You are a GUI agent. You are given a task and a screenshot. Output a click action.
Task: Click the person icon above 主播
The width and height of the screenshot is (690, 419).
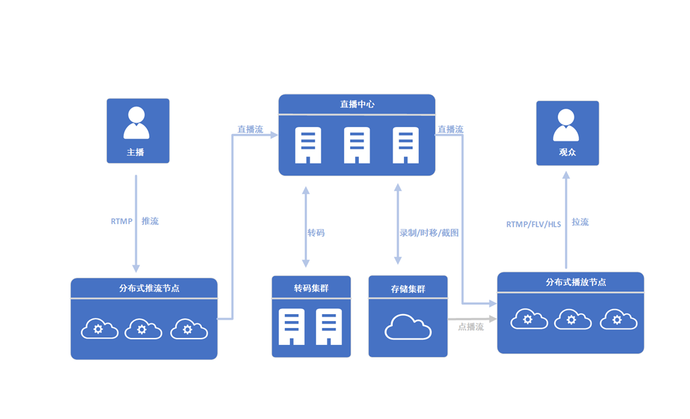point(136,122)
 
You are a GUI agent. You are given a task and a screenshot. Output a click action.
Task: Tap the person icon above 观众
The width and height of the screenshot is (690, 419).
point(566,125)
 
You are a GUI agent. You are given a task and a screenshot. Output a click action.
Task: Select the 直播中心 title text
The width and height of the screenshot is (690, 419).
point(357,104)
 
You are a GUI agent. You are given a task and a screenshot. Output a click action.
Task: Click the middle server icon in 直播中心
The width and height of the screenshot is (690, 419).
point(357,145)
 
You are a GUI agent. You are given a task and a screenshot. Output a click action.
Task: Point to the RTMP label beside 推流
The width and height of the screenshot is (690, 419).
point(121,221)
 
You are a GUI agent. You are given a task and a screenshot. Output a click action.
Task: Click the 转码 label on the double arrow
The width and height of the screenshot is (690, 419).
point(316,232)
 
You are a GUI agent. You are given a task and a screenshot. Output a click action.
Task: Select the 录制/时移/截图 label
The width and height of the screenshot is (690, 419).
point(429,232)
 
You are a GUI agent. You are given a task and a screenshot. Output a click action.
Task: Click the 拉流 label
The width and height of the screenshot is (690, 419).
point(580,222)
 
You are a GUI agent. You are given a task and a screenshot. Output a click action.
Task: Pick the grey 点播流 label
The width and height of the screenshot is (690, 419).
point(471,327)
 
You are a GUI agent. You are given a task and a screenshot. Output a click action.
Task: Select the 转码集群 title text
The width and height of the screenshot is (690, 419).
point(311,288)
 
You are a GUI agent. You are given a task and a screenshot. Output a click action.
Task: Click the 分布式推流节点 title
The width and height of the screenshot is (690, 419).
point(144,288)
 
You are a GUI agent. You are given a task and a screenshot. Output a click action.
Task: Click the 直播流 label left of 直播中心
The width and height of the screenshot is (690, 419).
point(250,129)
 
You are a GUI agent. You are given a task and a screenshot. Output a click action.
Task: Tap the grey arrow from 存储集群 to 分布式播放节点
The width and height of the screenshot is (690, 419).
point(471,319)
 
